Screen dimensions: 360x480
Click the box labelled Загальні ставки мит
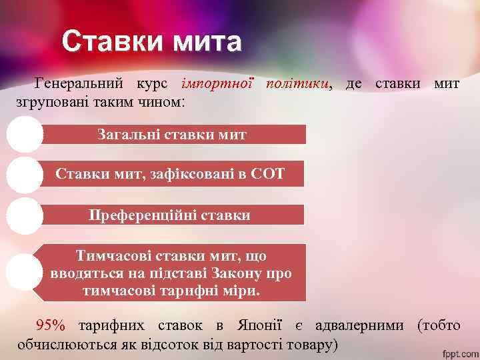[172, 135]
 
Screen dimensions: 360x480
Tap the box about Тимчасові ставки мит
[171, 273]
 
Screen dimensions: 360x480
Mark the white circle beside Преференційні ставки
[25, 215]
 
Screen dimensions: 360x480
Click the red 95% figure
[51, 326]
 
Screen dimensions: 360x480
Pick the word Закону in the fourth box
[237, 274]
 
